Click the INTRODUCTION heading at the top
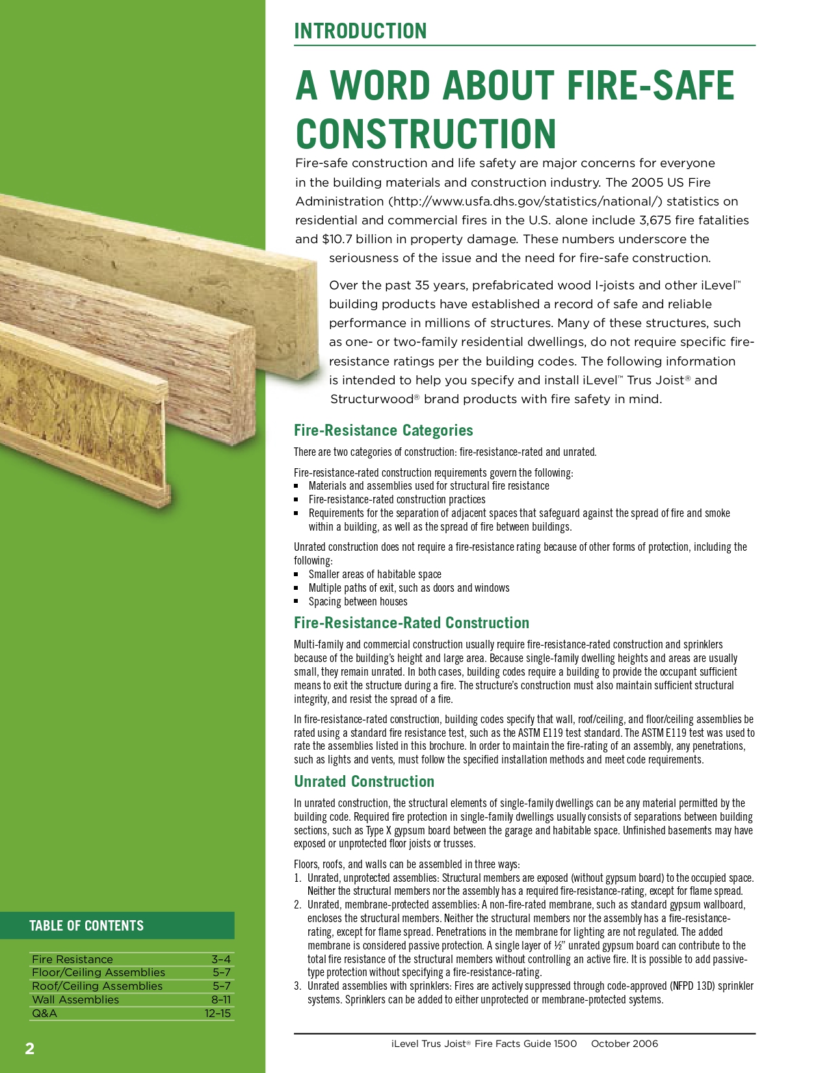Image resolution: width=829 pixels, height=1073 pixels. pos(360,31)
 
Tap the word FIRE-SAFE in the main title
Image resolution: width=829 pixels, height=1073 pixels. pos(651,86)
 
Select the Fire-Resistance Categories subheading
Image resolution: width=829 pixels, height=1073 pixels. pos(383,431)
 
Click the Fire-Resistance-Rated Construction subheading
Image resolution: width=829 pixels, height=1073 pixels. pos(411,623)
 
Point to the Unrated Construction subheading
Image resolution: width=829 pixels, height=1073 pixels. pos(363,782)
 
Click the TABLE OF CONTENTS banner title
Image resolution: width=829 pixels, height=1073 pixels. pos(86,926)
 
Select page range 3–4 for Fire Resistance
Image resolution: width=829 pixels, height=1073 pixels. pos(220,959)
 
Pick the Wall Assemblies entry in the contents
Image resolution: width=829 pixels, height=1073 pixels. pos(75,1000)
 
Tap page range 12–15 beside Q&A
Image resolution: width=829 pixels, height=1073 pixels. pos(217,1013)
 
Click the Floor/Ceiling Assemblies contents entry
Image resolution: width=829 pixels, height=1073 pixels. pos(98,972)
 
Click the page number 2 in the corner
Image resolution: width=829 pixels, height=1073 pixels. pos(29,1048)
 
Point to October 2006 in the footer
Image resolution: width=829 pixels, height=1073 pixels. pos(624,1044)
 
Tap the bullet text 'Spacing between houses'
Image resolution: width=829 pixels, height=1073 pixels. pos(358,602)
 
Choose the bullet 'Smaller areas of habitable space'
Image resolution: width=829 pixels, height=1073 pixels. pos(375,574)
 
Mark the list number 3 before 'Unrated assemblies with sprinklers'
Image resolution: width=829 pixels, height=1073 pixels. pos(297,986)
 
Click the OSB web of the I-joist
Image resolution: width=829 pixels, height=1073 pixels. pos(78,416)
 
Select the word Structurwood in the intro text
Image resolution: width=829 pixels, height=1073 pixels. pos(371,399)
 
